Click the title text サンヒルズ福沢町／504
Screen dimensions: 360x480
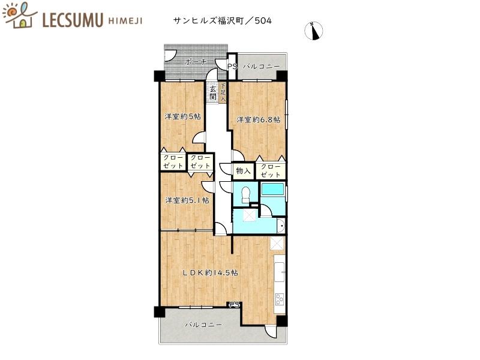click(x=221, y=20)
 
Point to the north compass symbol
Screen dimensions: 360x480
click(x=314, y=31)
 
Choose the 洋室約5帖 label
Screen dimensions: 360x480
click(x=182, y=116)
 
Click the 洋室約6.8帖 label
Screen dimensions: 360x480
click(x=258, y=119)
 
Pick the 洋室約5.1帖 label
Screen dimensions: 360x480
click(x=187, y=200)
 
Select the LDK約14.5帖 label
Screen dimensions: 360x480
click(x=210, y=272)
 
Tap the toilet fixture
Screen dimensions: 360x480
click(x=245, y=194)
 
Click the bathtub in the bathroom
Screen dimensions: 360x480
click(x=274, y=189)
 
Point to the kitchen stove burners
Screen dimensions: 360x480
click(x=279, y=298)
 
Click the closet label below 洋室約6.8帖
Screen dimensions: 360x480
click(x=271, y=170)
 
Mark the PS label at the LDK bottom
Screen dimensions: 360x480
click(x=235, y=305)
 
